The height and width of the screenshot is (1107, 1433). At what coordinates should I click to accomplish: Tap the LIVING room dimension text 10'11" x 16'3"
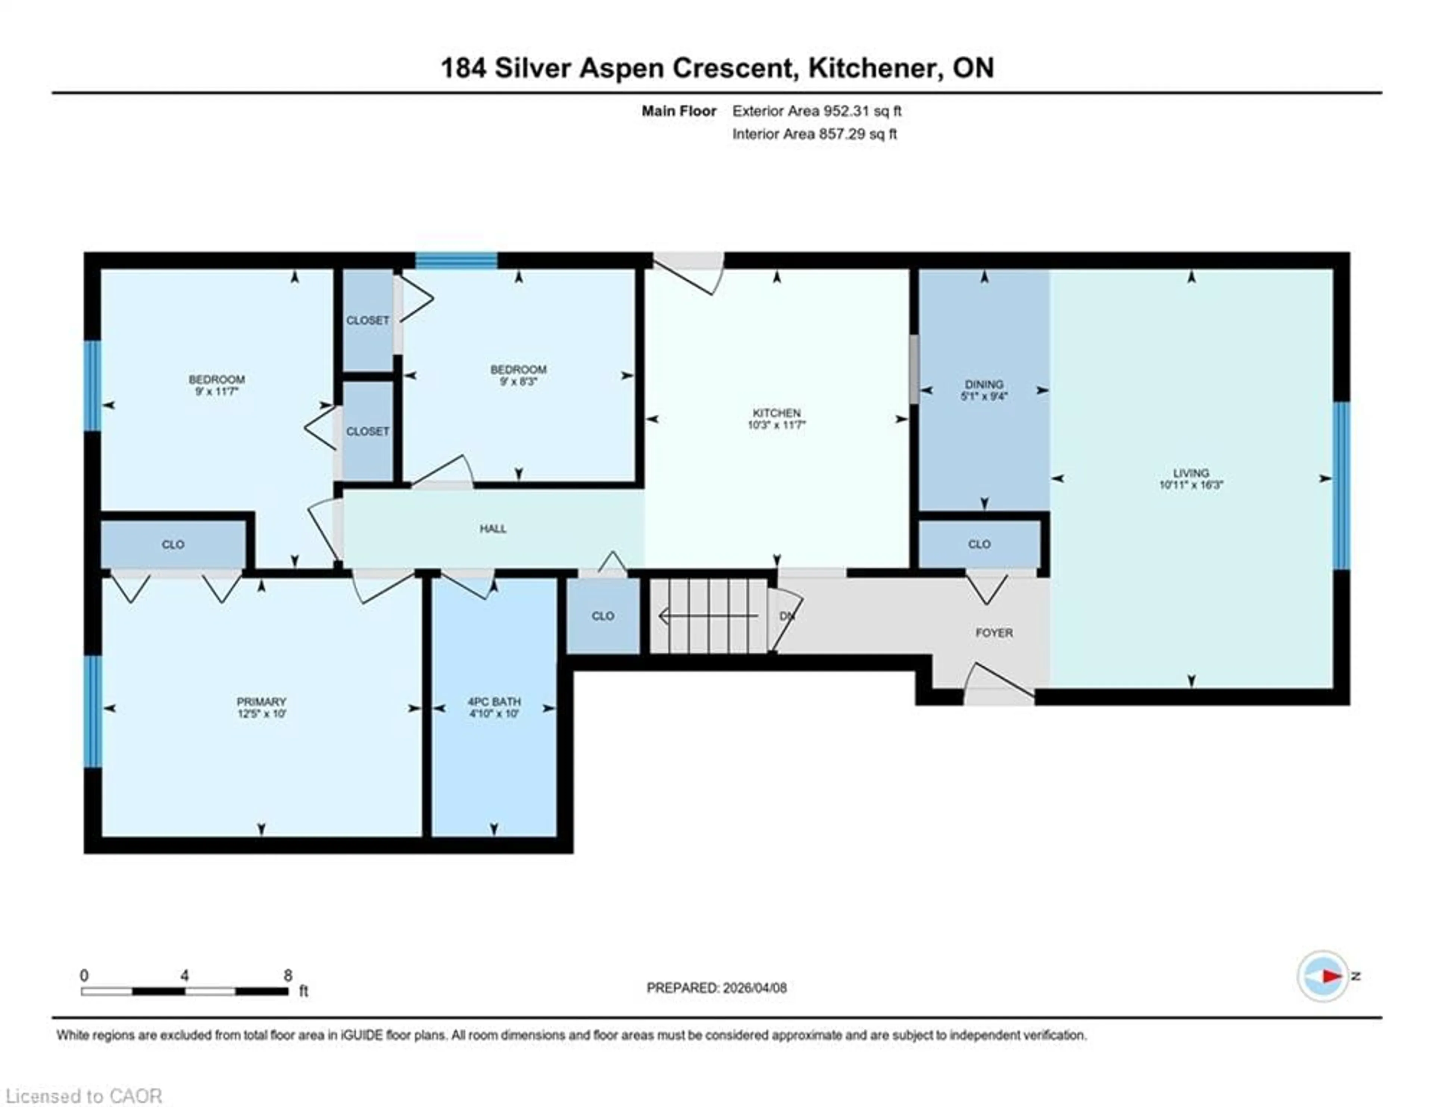coord(1191,485)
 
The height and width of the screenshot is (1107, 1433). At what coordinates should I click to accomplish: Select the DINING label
coord(984,384)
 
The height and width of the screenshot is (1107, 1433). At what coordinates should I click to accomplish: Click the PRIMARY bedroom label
coord(261,701)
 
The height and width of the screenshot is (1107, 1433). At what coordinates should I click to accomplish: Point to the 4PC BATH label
coord(494,701)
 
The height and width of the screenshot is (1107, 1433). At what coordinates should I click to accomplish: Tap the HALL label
coord(493,528)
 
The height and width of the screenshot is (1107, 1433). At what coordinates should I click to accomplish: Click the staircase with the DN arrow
coord(709,616)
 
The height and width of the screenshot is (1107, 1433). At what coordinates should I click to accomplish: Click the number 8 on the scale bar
coord(287,976)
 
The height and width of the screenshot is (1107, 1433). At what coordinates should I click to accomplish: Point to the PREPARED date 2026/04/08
coord(716,987)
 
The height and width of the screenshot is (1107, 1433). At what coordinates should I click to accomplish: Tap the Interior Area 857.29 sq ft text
coord(814,134)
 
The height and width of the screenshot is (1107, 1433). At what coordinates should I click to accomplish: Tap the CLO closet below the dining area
coord(979,544)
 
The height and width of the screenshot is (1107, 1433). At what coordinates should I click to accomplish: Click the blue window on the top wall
coord(456,261)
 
